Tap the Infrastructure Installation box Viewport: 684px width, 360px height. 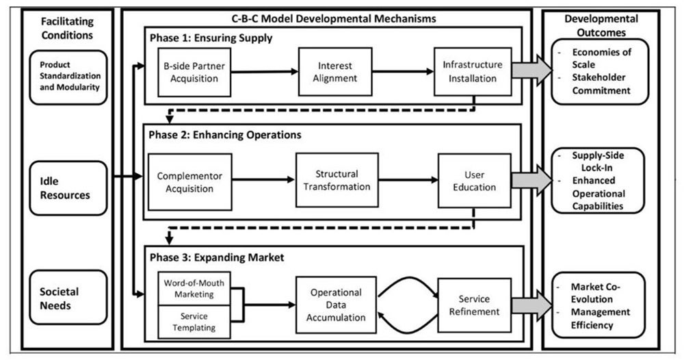tap(473, 71)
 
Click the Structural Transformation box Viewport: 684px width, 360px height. tap(337, 180)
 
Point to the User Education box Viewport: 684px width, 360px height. tap(475, 179)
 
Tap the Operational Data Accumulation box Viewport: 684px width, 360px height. tap(336, 303)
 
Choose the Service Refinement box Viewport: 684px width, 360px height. tap(474, 305)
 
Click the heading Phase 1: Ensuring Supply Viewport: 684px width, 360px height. tap(211, 38)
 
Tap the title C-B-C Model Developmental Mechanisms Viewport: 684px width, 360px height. tap(333, 15)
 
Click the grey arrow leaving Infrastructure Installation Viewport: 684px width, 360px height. tap(531, 71)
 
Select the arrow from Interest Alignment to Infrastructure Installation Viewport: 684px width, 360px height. tap(404, 71)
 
